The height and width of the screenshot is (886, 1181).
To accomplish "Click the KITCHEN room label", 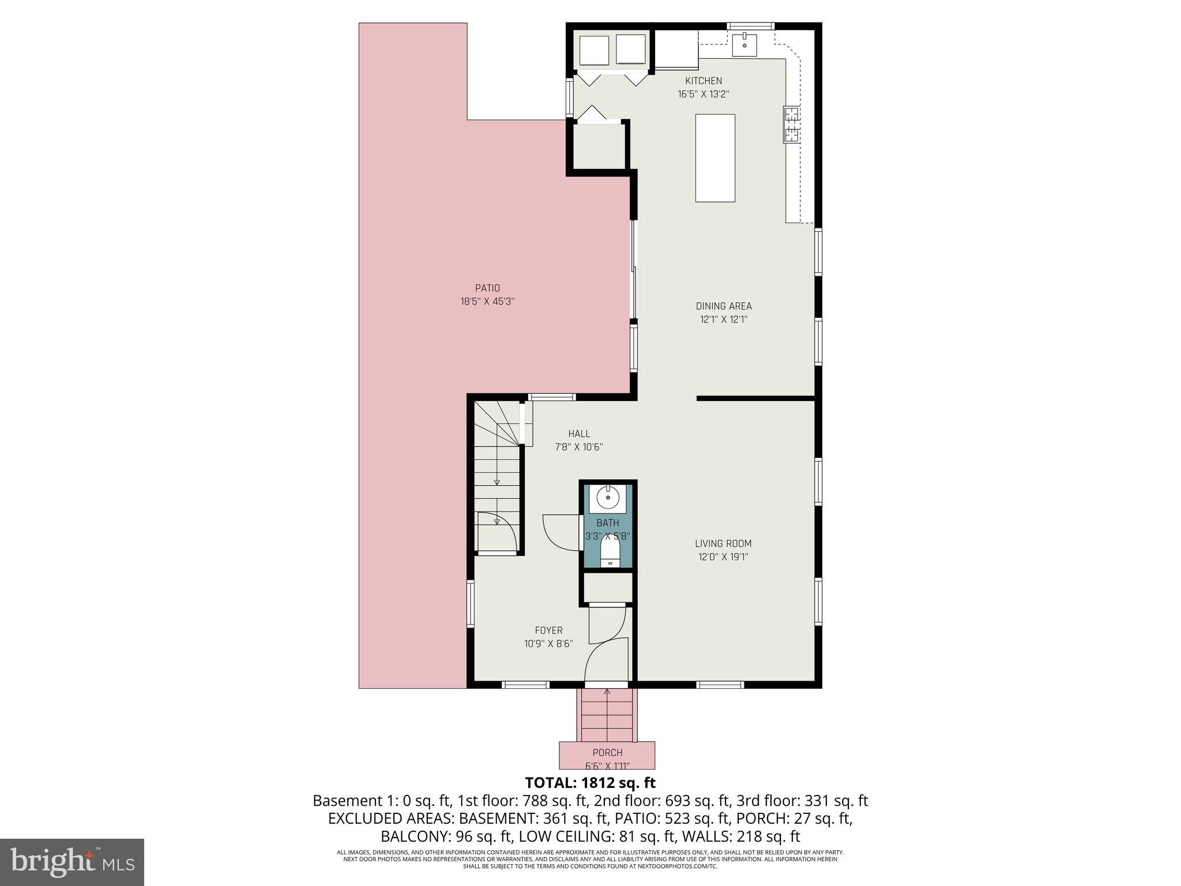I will point(703,81).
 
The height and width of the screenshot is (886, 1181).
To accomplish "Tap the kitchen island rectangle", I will point(715,158).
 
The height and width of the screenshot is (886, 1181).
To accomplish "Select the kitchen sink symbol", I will point(744,44).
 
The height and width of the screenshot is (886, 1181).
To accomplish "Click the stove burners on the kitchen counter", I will point(791,125).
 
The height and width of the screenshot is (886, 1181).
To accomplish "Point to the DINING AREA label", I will point(724,306).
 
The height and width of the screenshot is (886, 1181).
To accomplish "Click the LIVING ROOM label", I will point(723,543).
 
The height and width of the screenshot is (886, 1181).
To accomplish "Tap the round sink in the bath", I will point(608,496).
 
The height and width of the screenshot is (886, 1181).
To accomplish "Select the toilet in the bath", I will point(610,551).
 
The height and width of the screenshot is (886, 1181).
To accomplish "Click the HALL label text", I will point(579,434).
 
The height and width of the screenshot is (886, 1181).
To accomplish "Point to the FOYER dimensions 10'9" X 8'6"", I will point(548,644).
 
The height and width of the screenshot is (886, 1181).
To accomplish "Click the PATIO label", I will point(487,288).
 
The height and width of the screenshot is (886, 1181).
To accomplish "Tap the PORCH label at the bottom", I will point(607,753).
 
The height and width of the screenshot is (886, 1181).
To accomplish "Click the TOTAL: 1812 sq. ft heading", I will point(590,783).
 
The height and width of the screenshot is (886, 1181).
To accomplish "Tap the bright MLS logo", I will point(72,862).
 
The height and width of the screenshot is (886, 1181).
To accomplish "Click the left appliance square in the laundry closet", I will point(594,50).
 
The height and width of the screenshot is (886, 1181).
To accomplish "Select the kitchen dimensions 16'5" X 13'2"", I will point(703,94).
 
